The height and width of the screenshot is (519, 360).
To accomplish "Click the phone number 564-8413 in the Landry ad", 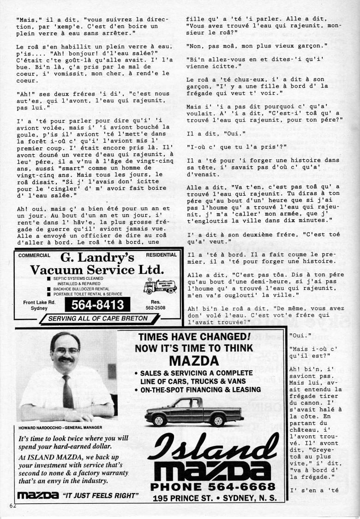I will [x=98, y=305].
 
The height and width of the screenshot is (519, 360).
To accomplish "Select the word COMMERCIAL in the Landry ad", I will [x=35, y=255].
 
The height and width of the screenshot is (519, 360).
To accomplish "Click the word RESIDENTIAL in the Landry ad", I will [x=161, y=255].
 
